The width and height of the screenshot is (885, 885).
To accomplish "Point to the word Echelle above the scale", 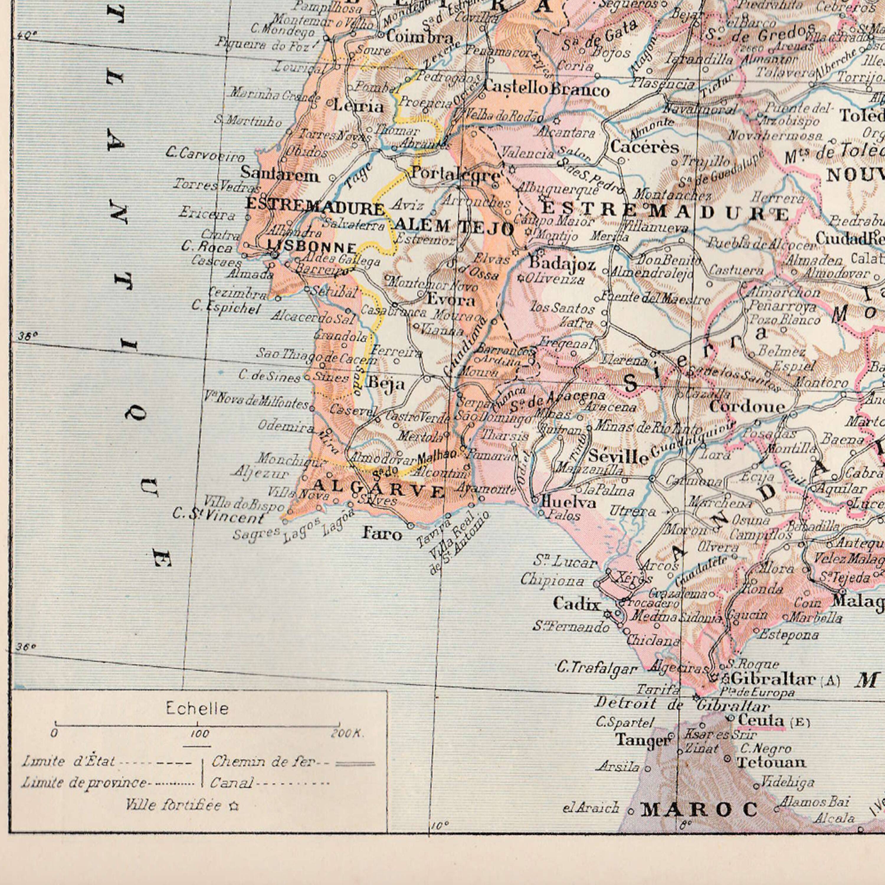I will pyautogui.click(x=197, y=709).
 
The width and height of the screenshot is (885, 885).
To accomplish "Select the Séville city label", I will pyautogui.click(x=618, y=456).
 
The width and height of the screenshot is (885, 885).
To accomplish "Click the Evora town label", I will pyautogui.click(x=451, y=300).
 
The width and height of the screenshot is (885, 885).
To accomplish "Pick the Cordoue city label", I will pyautogui.click(x=747, y=406).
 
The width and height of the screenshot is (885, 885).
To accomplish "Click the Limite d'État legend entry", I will pyautogui.click(x=69, y=762).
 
